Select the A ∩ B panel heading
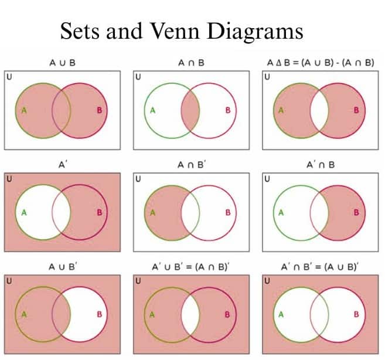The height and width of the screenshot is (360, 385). click(191, 62)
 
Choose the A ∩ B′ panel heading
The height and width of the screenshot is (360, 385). click(192, 165)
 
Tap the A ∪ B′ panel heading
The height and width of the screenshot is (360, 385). click(63, 267)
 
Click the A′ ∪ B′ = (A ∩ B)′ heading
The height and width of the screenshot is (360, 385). click(192, 267)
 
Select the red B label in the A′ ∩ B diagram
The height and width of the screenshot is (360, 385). click(356, 212)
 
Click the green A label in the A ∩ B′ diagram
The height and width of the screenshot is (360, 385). click(152, 212)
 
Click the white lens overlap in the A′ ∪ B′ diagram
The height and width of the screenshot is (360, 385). click(191, 314)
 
